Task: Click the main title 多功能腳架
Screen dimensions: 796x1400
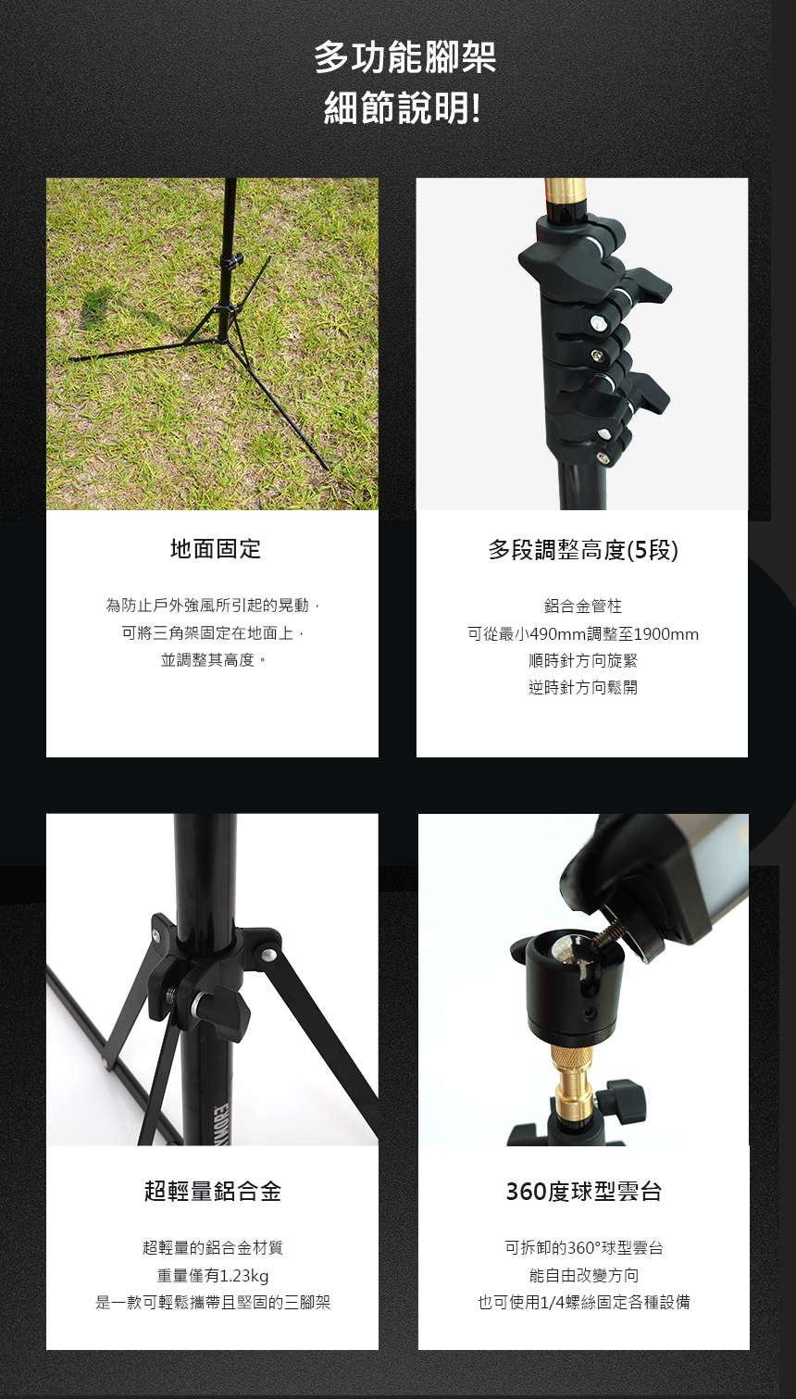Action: [x=404, y=57]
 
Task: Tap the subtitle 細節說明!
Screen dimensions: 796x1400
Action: [x=402, y=108]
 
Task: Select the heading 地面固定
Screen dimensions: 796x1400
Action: [x=216, y=549]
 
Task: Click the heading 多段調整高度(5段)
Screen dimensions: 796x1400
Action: [x=583, y=550]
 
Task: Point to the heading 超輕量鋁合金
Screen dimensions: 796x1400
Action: [x=213, y=1192]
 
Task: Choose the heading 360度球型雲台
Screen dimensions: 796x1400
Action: [x=583, y=1192]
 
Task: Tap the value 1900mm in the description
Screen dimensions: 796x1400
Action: [x=666, y=634]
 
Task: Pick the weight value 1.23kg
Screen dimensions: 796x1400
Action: [x=244, y=1276]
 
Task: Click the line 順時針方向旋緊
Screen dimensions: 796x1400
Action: [x=583, y=660]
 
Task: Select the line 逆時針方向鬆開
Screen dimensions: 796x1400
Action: [x=583, y=687]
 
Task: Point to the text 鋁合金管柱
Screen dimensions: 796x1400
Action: [x=583, y=606]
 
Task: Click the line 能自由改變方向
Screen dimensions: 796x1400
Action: [x=583, y=1275]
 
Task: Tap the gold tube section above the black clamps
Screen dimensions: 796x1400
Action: [x=566, y=195]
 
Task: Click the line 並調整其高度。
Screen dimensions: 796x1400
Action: [x=215, y=660]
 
